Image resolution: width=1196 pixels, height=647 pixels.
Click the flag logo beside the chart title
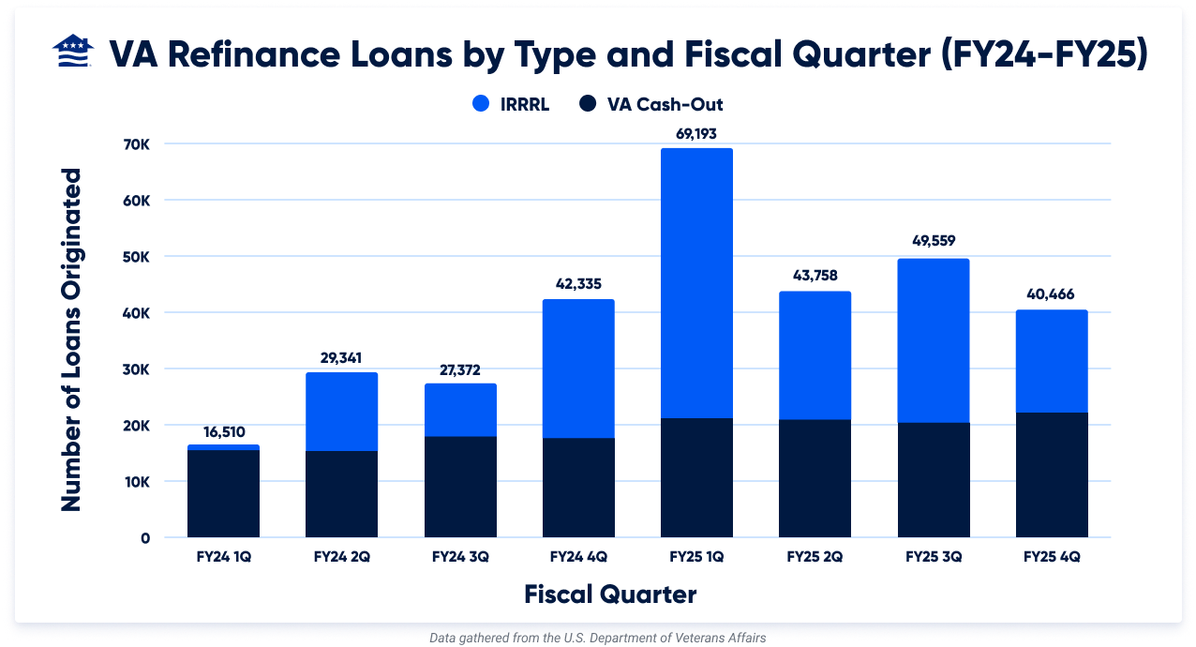72,53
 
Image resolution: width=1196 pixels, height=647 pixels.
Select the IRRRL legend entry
511,104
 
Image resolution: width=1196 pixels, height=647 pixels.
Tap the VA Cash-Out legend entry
651,104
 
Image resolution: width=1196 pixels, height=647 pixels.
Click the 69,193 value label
696,134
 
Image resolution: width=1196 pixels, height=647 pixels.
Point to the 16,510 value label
223,431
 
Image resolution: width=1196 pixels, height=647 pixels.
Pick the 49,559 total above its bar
934,241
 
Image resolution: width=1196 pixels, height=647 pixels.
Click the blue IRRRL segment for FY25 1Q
696,281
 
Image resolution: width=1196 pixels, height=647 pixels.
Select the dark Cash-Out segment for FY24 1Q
223,493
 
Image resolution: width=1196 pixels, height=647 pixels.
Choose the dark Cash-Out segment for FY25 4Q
1052,474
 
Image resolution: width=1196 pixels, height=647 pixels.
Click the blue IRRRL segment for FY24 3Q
460,410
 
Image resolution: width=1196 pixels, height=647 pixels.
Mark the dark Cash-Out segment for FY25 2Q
815,478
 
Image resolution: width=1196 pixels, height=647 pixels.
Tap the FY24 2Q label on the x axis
342,556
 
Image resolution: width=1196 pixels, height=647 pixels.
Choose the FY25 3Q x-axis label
934,556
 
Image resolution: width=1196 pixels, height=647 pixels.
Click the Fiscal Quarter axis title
610,594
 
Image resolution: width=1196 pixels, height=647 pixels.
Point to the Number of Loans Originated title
71,339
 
